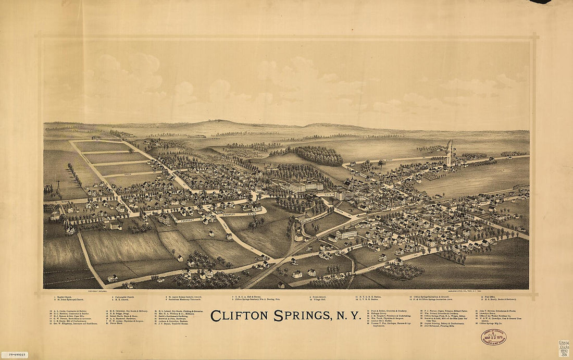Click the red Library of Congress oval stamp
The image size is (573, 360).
[x=493, y=338]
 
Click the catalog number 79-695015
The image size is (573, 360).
[x=14, y=355]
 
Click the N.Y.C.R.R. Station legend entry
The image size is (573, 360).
[x=370, y=297]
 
